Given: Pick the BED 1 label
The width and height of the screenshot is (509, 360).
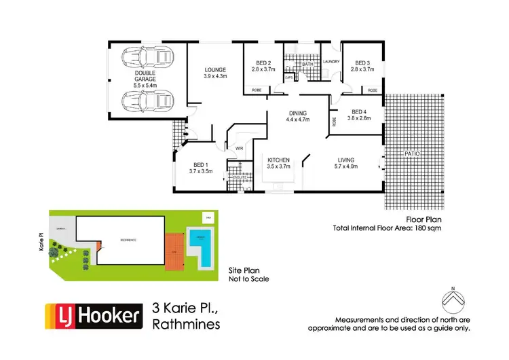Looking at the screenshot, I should (x=200, y=165).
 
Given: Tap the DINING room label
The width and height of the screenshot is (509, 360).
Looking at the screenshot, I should (x=297, y=113).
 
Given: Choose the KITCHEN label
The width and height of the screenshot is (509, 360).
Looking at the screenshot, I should (x=278, y=160).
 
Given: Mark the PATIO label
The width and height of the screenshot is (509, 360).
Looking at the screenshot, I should (x=413, y=154).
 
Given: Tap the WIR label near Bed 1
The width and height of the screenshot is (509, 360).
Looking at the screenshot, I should (x=239, y=147).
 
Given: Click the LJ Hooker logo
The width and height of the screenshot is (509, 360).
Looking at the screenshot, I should (x=94, y=316).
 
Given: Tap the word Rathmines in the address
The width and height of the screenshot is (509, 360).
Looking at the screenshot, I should (x=187, y=325).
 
